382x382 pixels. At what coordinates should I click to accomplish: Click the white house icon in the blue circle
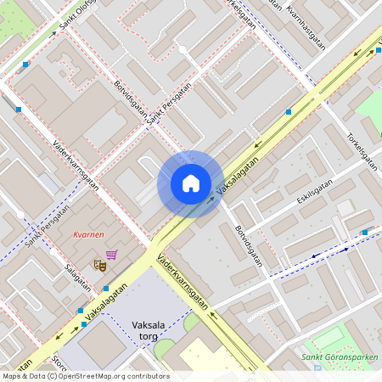[191, 183]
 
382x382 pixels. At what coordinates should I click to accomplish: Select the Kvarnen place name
[88, 234]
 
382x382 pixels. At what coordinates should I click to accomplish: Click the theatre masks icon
[99, 265]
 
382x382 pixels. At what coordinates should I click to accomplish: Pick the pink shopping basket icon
[112, 254]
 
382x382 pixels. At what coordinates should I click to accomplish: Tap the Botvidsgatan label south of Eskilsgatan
[250, 244]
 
